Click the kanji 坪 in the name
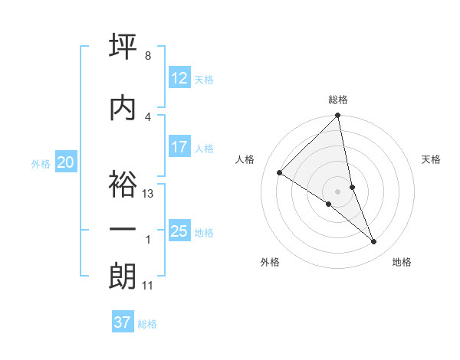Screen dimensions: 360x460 click(x=123, y=47)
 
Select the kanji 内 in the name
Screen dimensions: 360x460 click(x=123, y=107)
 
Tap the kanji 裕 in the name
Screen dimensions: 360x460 click(x=123, y=184)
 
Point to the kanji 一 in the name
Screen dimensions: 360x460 click(x=123, y=231)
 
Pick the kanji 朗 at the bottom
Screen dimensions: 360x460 click(x=123, y=276)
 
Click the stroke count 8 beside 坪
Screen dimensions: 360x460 click(x=148, y=57)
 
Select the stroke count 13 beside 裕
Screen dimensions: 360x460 click(x=149, y=194)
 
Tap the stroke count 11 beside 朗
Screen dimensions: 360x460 click(x=148, y=286)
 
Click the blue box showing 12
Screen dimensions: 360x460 click(x=179, y=78)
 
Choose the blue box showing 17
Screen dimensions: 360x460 click(x=179, y=147)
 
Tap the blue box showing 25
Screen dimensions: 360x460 click(x=179, y=231)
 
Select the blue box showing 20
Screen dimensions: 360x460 click(x=66, y=162)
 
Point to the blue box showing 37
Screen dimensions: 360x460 click(x=123, y=322)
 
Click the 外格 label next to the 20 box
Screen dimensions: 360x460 click(x=41, y=163)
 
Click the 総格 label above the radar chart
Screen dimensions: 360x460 click(x=338, y=100)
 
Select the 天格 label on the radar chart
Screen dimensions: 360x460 click(x=432, y=159)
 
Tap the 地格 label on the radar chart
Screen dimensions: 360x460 click(x=402, y=262)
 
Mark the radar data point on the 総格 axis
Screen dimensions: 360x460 click(x=338, y=116)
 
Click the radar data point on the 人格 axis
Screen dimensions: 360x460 click(x=280, y=172)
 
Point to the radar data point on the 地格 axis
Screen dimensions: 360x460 click(x=374, y=242)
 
